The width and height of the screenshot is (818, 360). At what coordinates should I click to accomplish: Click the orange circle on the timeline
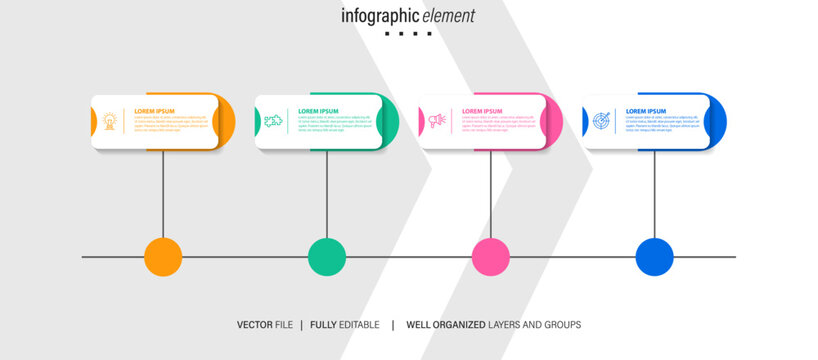pyautogui.click(x=163, y=257)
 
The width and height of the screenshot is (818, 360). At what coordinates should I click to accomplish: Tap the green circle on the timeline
pyautogui.click(x=327, y=257)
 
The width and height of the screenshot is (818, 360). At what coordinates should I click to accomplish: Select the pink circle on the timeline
pyautogui.click(x=491, y=257)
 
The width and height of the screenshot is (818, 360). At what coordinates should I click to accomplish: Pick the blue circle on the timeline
pyautogui.click(x=655, y=257)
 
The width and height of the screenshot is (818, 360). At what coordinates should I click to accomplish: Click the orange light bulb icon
pyautogui.click(x=109, y=121)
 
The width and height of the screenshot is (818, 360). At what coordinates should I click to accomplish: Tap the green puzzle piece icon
pyautogui.click(x=272, y=121)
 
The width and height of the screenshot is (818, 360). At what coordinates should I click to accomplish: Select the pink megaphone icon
pyautogui.click(x=436, y=121)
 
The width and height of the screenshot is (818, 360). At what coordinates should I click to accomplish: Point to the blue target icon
pyautogui.click(x=600, y=121)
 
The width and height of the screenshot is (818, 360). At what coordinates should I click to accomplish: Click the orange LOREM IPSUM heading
pyautogui.click(x=154, y=111)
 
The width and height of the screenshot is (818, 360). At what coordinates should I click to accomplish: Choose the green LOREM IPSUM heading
pyautogui.click(x=318, y=111)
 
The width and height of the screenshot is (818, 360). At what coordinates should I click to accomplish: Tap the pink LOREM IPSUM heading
pyautogui.click(x=482, y=111)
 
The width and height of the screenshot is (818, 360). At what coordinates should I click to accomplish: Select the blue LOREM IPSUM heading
pyautogui.click(x=646, y=111)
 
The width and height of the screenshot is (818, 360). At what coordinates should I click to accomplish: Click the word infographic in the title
pyautogui.click(x=380, y=16)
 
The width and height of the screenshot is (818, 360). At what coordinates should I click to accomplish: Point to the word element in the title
pyautogui.click(x=448, y=16)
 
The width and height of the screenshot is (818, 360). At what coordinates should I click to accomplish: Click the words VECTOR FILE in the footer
pyautogui.click(x=265, y=325)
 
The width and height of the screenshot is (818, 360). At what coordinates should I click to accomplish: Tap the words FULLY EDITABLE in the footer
pyautogui.click(x=345, y=325)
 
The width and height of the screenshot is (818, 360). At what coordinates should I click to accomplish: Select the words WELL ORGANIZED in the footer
pyautogui.click(x=446, y=325)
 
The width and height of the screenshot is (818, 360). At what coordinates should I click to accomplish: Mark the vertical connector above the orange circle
pyautogui.click(x=163, y=195)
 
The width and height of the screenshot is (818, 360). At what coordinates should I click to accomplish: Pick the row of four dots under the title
pyautogui.click(x=408, y=34)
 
